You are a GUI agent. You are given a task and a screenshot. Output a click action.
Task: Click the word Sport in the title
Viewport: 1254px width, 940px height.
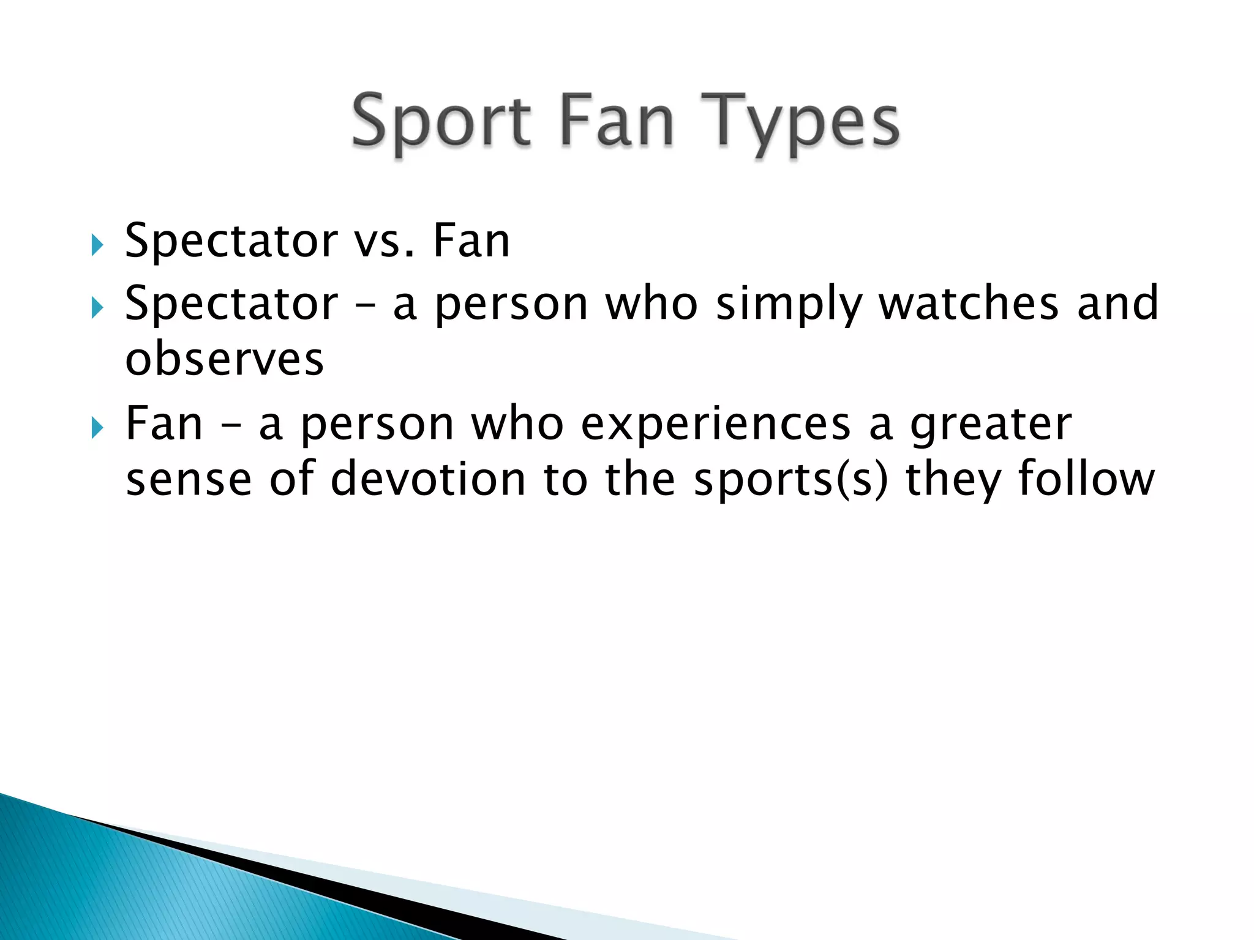[x=441, y=122]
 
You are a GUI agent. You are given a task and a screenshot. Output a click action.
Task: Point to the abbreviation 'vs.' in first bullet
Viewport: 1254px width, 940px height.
[x=385, y=241]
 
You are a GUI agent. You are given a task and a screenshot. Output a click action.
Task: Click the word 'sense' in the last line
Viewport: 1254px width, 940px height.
[x=189, y=480]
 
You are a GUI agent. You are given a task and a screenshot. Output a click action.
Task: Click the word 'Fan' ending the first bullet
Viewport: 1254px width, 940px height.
[x=471, y=241]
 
